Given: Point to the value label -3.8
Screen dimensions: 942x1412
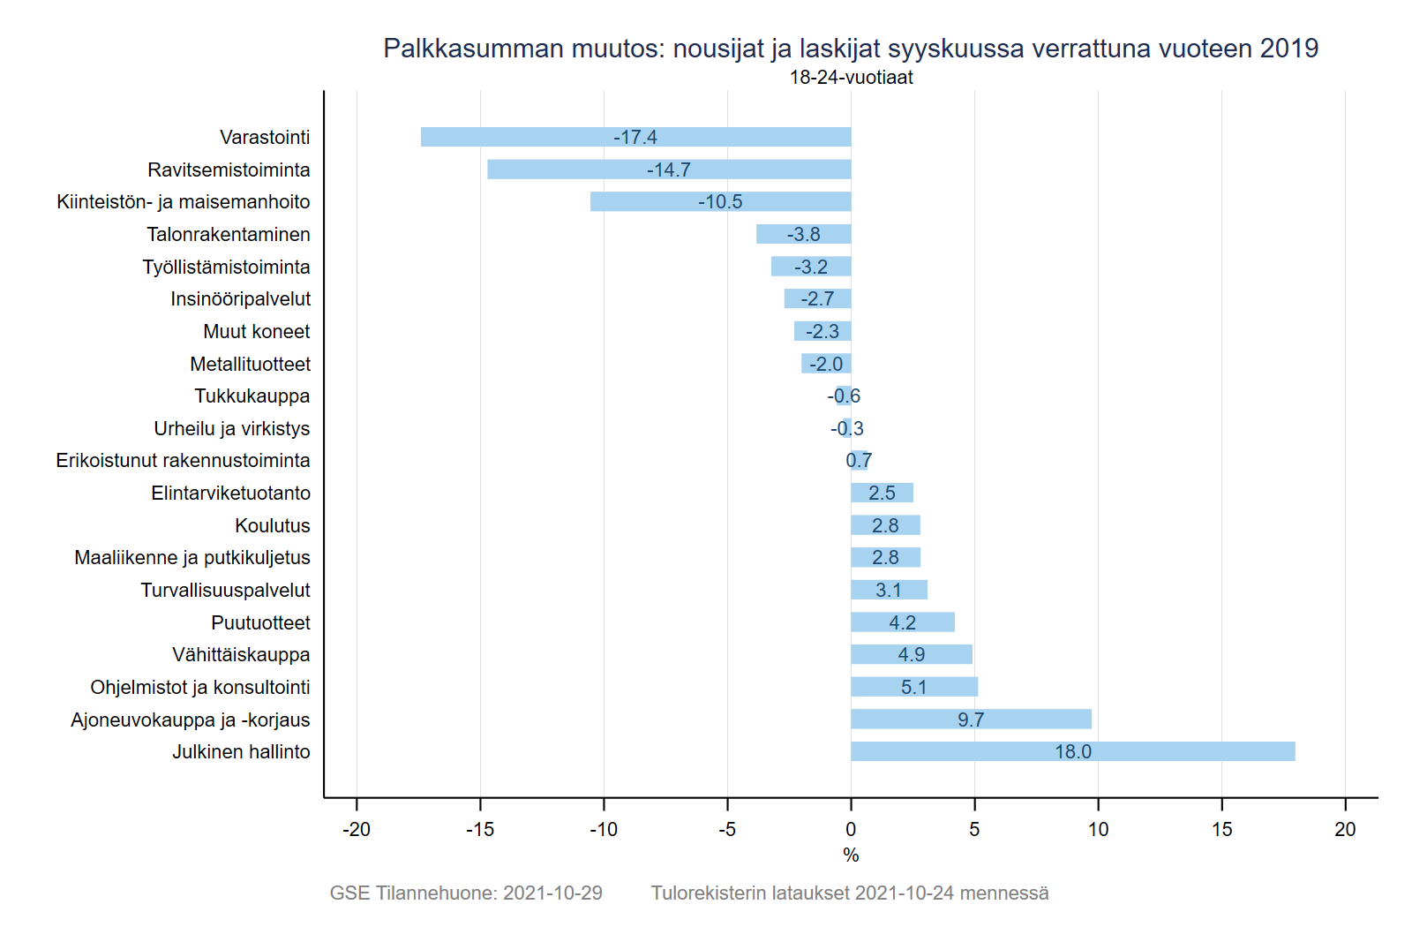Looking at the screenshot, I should pyautogui.click(x=803, y=234).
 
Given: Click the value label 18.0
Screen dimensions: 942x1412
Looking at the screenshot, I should pyautogui.click(x=1073, y=751).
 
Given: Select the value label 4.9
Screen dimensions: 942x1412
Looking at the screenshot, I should pyautogui.click(x=912, y=654).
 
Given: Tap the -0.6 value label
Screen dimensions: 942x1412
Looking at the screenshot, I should pyautogui.click(x=844, y=396).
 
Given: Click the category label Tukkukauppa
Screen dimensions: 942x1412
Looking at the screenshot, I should pyautogui.click(x=252, y=396).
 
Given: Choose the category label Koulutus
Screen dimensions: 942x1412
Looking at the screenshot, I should pyautogui.click(x=273, y=525).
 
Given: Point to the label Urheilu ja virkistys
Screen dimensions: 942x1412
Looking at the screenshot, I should pyautogui.click(x=232, y=428).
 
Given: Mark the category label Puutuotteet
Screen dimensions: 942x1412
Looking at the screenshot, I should pyautogui.click(x=260, y=622).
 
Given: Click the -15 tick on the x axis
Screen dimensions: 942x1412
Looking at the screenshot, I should pyautogui.click(x=480, y=829).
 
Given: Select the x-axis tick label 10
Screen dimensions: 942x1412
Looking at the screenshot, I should pyautogui.click(x=1098, y=829).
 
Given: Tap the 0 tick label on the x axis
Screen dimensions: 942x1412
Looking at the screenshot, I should pyautogui.click(x=851, y=829).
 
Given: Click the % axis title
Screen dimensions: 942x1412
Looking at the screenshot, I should pyautogui.click(x=851, y=855).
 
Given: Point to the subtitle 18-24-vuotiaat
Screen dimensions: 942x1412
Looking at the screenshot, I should pyautogui.click(x=851, y=77).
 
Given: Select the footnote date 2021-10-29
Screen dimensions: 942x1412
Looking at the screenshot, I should pyautogui.click(x=552, y=893).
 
